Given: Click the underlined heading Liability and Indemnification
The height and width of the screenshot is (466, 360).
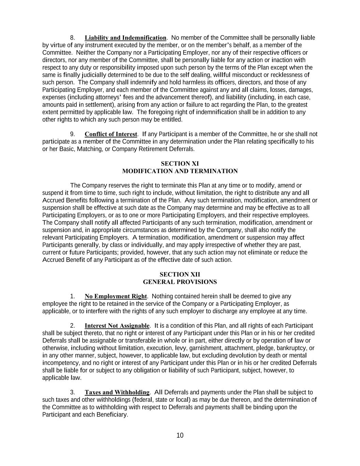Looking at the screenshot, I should click(125, 38).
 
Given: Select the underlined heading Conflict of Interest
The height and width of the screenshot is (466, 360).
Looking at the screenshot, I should click(111, 134).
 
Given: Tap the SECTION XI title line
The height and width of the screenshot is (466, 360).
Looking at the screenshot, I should click(180, 164).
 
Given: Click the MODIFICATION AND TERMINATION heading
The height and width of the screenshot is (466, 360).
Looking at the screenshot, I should click(180, 171).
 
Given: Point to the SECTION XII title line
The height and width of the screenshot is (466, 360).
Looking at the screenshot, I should click(180, 274).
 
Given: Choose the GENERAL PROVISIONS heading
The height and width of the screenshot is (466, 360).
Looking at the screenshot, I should click(180, 282).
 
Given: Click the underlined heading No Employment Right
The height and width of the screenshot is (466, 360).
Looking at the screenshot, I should click(116, 296).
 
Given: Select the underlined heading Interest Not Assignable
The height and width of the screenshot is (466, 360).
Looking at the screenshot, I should click(117, 326).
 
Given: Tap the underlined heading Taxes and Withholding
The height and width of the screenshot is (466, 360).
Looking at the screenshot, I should click(117, 392).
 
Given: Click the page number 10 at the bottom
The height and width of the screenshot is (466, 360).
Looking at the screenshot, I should click(180, 435).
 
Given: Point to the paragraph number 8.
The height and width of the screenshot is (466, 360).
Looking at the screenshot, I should click(72, 38).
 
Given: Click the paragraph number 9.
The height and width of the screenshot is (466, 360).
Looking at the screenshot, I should click(72, 134).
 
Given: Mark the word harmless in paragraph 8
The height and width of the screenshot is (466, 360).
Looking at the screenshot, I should click(193, 82).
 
